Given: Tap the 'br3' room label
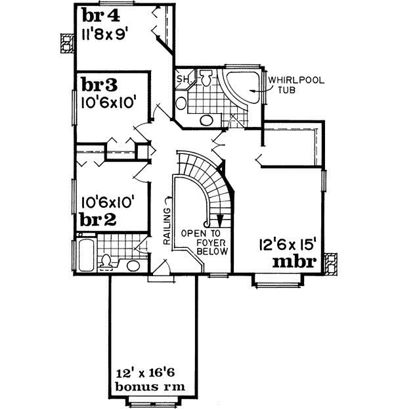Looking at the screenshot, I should [x=99, y=85].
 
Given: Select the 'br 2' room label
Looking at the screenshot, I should [x=98, y=220].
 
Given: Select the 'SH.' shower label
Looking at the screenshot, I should [x=183, y=80].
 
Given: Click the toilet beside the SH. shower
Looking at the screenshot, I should [x=206, y=80].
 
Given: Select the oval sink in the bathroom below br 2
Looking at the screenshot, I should [x=133, y=266].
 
